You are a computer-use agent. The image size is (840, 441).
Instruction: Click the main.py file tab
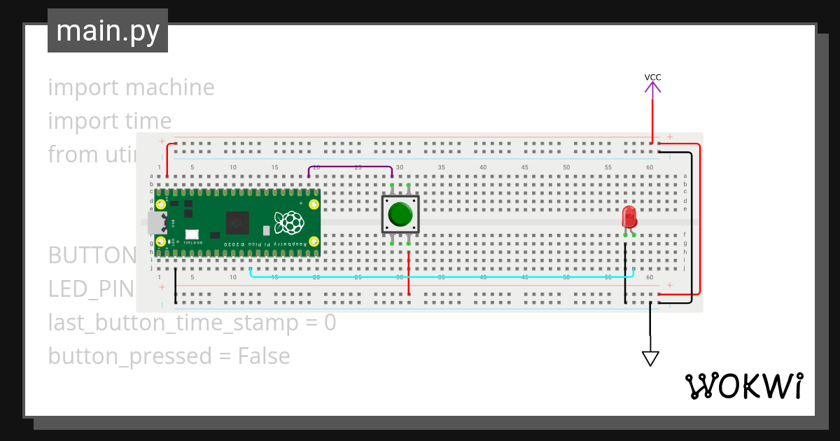coord(108,31)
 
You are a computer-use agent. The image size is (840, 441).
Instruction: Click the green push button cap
coord(400,213)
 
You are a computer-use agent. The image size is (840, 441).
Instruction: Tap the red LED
coord(629,216)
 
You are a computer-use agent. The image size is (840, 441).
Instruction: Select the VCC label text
coord(652,77)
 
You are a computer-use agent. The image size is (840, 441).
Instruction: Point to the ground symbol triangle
coord(650,358)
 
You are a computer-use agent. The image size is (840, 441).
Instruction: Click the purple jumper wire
coord(350,167)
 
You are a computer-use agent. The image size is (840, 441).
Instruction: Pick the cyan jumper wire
coord(441,276)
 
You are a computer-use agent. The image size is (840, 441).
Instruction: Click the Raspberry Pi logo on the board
coord(290,223)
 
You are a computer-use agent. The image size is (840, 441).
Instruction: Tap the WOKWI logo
coord(743,386)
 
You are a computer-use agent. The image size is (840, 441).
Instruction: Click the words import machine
coord(131,87)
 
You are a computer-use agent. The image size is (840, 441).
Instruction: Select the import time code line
coord(109,121)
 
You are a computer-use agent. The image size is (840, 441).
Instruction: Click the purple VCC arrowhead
coord(652,88)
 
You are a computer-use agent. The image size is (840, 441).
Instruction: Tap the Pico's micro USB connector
coord(153,223)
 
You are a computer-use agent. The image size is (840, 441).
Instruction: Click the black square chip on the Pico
coord(237,222)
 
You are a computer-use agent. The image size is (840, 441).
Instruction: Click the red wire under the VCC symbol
coord(652,119)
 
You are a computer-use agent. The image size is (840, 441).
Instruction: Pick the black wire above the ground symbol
coord(650,325)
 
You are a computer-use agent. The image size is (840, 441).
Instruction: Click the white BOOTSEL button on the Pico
coord(191,234)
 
